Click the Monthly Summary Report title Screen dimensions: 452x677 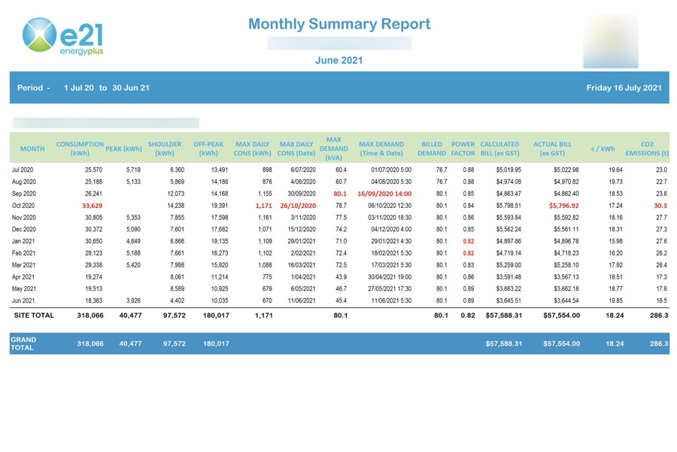click(339, 24)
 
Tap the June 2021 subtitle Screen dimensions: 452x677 click(338, 60)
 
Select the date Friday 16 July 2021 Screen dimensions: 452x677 click(624, 88)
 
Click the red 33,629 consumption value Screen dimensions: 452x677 click(92, 206)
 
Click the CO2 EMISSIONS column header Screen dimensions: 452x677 click(647, 148)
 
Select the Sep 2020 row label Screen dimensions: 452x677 click(23, 194)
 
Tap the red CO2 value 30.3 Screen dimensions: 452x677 click(660, 206)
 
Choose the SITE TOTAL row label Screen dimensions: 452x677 click(33, 316)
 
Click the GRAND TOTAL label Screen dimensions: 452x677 click(25, 344)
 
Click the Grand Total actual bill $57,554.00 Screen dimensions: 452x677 click(561, 344)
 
